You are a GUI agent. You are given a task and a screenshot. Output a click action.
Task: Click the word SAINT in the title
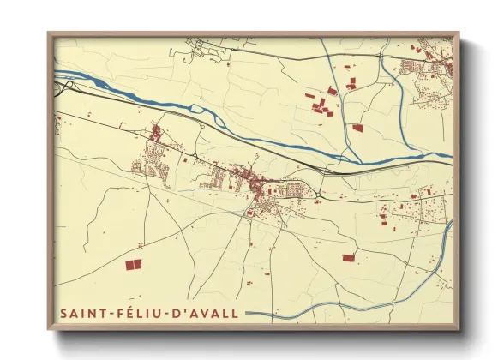pos(78,314)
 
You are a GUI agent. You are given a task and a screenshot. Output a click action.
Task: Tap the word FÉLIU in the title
pos(127,314)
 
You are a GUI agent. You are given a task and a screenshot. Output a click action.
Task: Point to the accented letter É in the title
pos(119,314)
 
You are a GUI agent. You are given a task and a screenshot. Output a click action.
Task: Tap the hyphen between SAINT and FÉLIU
pos(103,315)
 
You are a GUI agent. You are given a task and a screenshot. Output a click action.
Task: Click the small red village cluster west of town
pos(156,134)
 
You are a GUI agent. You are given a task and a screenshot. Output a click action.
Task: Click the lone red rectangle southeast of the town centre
pos(348,257)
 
